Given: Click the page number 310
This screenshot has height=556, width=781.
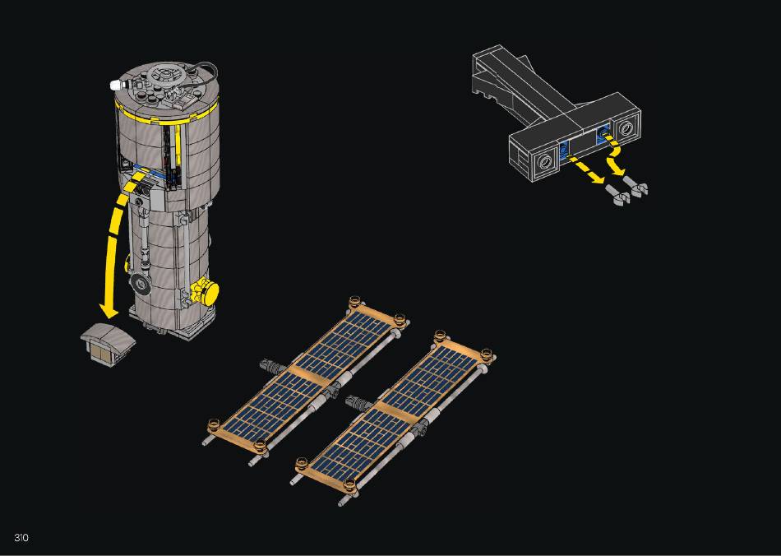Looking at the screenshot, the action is click(x=21, y=538).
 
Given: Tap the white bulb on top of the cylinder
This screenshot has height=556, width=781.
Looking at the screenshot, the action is click(x=116, y=84).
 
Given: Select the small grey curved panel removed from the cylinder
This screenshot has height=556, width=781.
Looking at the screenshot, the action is click(x=108, y=343).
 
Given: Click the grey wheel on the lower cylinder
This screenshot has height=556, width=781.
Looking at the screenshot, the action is click(x=141, y=285).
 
